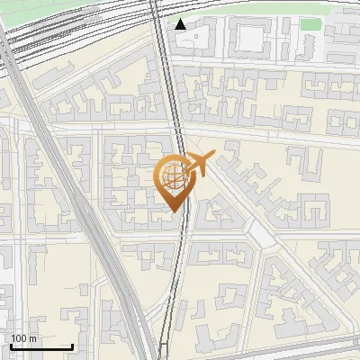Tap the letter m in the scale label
coord(32,338)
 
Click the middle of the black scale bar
coord(41,346)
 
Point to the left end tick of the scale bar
coord(11,346)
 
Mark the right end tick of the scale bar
coord(72,346)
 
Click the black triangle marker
coord(181,24)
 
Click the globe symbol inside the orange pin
coord(173,176)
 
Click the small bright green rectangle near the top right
coord(310,24)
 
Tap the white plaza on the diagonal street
coord(260,235)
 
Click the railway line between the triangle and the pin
coord(171,90)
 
